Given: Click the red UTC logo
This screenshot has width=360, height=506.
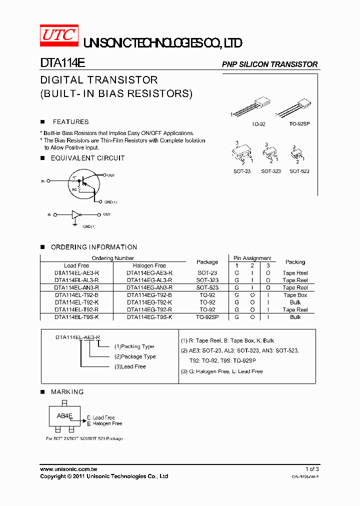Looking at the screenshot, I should coord(58,35).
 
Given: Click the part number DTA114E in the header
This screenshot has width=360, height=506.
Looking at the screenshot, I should coord(62,64).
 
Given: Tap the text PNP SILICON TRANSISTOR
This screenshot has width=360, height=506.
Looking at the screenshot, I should coord(269,64).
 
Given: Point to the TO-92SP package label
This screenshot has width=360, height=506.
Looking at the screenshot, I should coord(299,123).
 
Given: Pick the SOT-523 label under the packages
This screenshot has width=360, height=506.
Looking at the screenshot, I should coord(299,171).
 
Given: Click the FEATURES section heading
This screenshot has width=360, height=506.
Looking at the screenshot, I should coord(70,122).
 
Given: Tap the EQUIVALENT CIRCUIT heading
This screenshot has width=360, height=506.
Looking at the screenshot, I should coord(87,158).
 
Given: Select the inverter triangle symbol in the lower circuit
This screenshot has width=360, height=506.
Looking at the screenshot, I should coord(75,214).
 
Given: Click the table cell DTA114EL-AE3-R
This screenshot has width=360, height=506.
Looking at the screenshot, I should coord(76,273).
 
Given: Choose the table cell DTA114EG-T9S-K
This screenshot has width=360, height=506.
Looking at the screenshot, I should coord(149,317).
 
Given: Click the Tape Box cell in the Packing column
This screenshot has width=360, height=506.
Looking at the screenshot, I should coord(295,295).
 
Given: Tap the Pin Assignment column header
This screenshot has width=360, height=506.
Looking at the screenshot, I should coord(252,258).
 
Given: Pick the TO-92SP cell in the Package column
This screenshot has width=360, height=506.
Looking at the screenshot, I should coord(207,317).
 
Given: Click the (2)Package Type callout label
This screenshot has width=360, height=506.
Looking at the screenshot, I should coord(135,356).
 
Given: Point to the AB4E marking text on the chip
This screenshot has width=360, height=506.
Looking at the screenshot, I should coord(64,416).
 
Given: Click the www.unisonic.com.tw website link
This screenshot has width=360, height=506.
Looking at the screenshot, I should coord(68,469).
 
